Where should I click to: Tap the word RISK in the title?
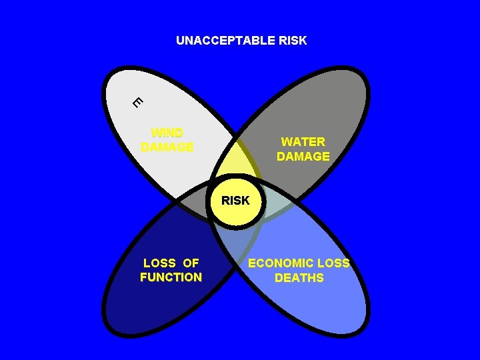(x=291, y=41)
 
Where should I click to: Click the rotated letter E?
(x=137, y=102)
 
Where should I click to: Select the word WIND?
(x=167, y=133)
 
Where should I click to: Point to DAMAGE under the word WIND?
(x=167, y=147)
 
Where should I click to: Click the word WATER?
(x=303, y=142)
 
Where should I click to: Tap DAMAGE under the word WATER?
(x=303, y=157)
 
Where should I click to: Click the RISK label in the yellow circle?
(x=235, y=200)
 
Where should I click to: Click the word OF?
(x=191, y=263)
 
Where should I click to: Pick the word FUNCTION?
(x=171, y=277)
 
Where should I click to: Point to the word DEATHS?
(x=299, y=278)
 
